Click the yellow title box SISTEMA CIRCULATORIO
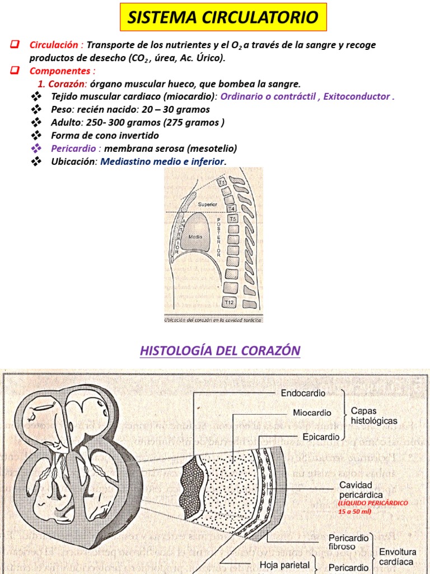[x=223, y=17]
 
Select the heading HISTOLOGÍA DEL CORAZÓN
[x=220, y=351]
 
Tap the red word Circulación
[x=56, y=45]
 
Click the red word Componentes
[x=62, y=71]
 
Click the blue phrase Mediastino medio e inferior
[x=162, y=161]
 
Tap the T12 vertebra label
[x=229, y=303]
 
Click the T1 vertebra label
[x=222, y=183]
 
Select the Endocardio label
[x=303, y=394]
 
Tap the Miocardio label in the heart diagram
[x=312, y=413]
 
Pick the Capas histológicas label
[x=374, y=415]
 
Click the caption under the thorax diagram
[x=213, y=320]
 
